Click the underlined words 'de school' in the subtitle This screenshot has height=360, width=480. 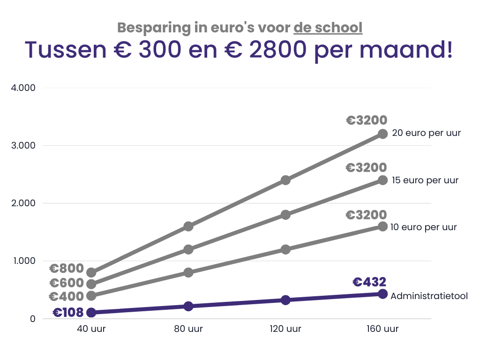tap(328, 28)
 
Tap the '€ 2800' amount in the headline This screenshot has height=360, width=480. tap(265, 50)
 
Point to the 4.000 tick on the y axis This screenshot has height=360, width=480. tap(23, 88)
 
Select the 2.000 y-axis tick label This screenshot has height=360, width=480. tap(23, 203)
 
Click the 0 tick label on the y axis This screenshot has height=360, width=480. tap(32, 319)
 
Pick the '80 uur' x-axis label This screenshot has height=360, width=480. tap(188, 329)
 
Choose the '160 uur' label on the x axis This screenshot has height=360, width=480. tap(382, 329)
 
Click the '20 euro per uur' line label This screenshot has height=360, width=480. tap(427, 133)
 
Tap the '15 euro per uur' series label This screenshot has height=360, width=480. tap(425, 180)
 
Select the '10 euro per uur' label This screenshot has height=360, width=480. tap(424, 227)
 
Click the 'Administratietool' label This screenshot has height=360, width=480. tap(429, 296)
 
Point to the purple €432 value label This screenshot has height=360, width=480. tap(369, 282)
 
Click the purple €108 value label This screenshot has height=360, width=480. tap(68, 313)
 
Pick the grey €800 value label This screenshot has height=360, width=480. tap(67, 269)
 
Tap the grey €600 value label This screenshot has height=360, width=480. tap(67, 283)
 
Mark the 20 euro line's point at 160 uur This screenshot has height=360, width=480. tap(382, 134)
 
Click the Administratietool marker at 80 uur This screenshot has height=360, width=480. tap(188, 306)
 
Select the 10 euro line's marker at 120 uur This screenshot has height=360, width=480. tap(285, 249)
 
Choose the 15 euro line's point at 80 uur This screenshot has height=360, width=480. tap(188, 249)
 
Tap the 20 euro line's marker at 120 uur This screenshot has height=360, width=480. tap(285, 180)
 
